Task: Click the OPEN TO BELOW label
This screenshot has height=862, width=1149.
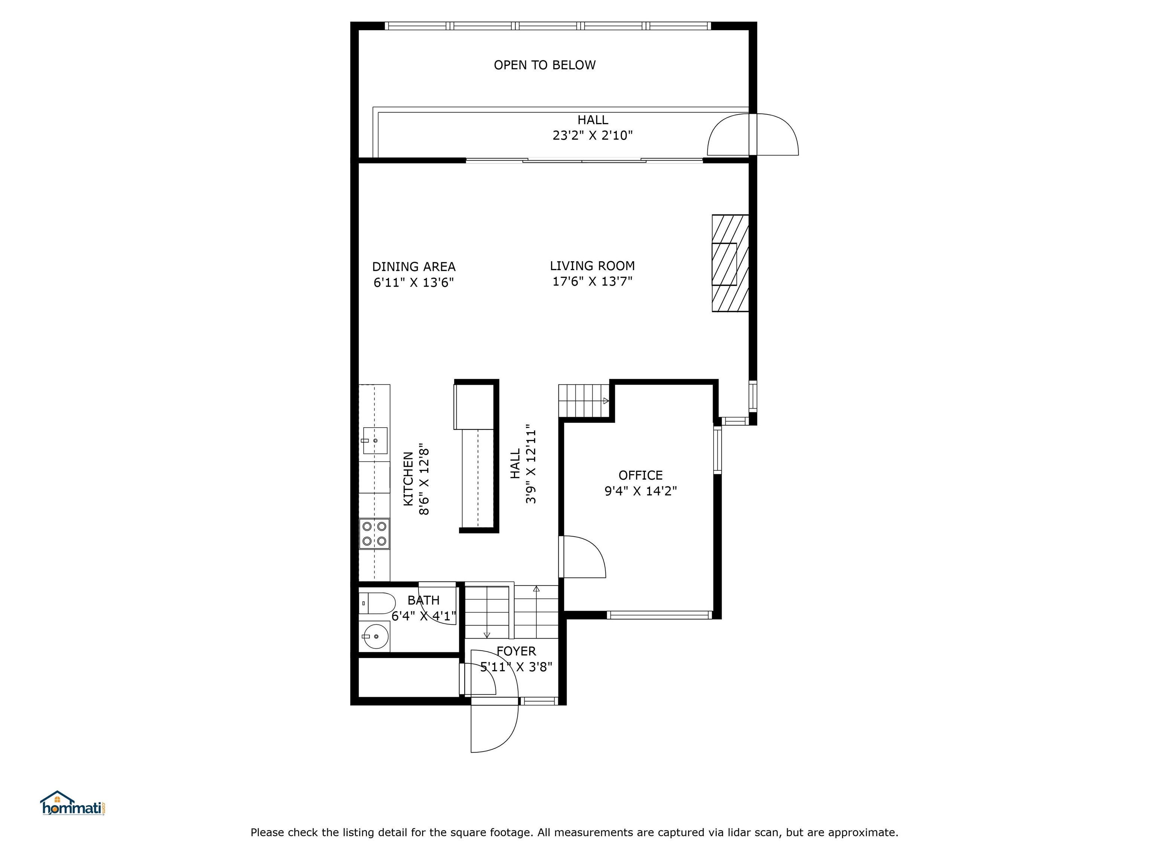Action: click(x=544, y=65)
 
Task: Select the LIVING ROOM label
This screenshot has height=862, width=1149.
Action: click(x=592, y=266)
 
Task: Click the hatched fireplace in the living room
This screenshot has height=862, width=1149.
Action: click(x=729, y=263)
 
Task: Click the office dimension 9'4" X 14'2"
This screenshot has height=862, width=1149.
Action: click(x=640, y=491)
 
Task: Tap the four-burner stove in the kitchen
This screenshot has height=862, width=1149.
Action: click(x=374, y=534)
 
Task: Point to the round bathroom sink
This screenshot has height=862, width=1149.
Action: click(x=375, y=636)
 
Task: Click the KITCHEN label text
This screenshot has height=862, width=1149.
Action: click(x=408, y=479)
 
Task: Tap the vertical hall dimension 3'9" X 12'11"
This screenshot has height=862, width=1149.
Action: click(x=530, y=466)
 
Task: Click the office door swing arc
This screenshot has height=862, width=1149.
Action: click(x=587, y=556)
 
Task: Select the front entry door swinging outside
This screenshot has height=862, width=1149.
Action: click(x=493, y=727)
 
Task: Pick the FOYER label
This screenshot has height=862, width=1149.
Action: click(x=516, y=651)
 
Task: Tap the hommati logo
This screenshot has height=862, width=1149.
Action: click(x=73, y=803)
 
